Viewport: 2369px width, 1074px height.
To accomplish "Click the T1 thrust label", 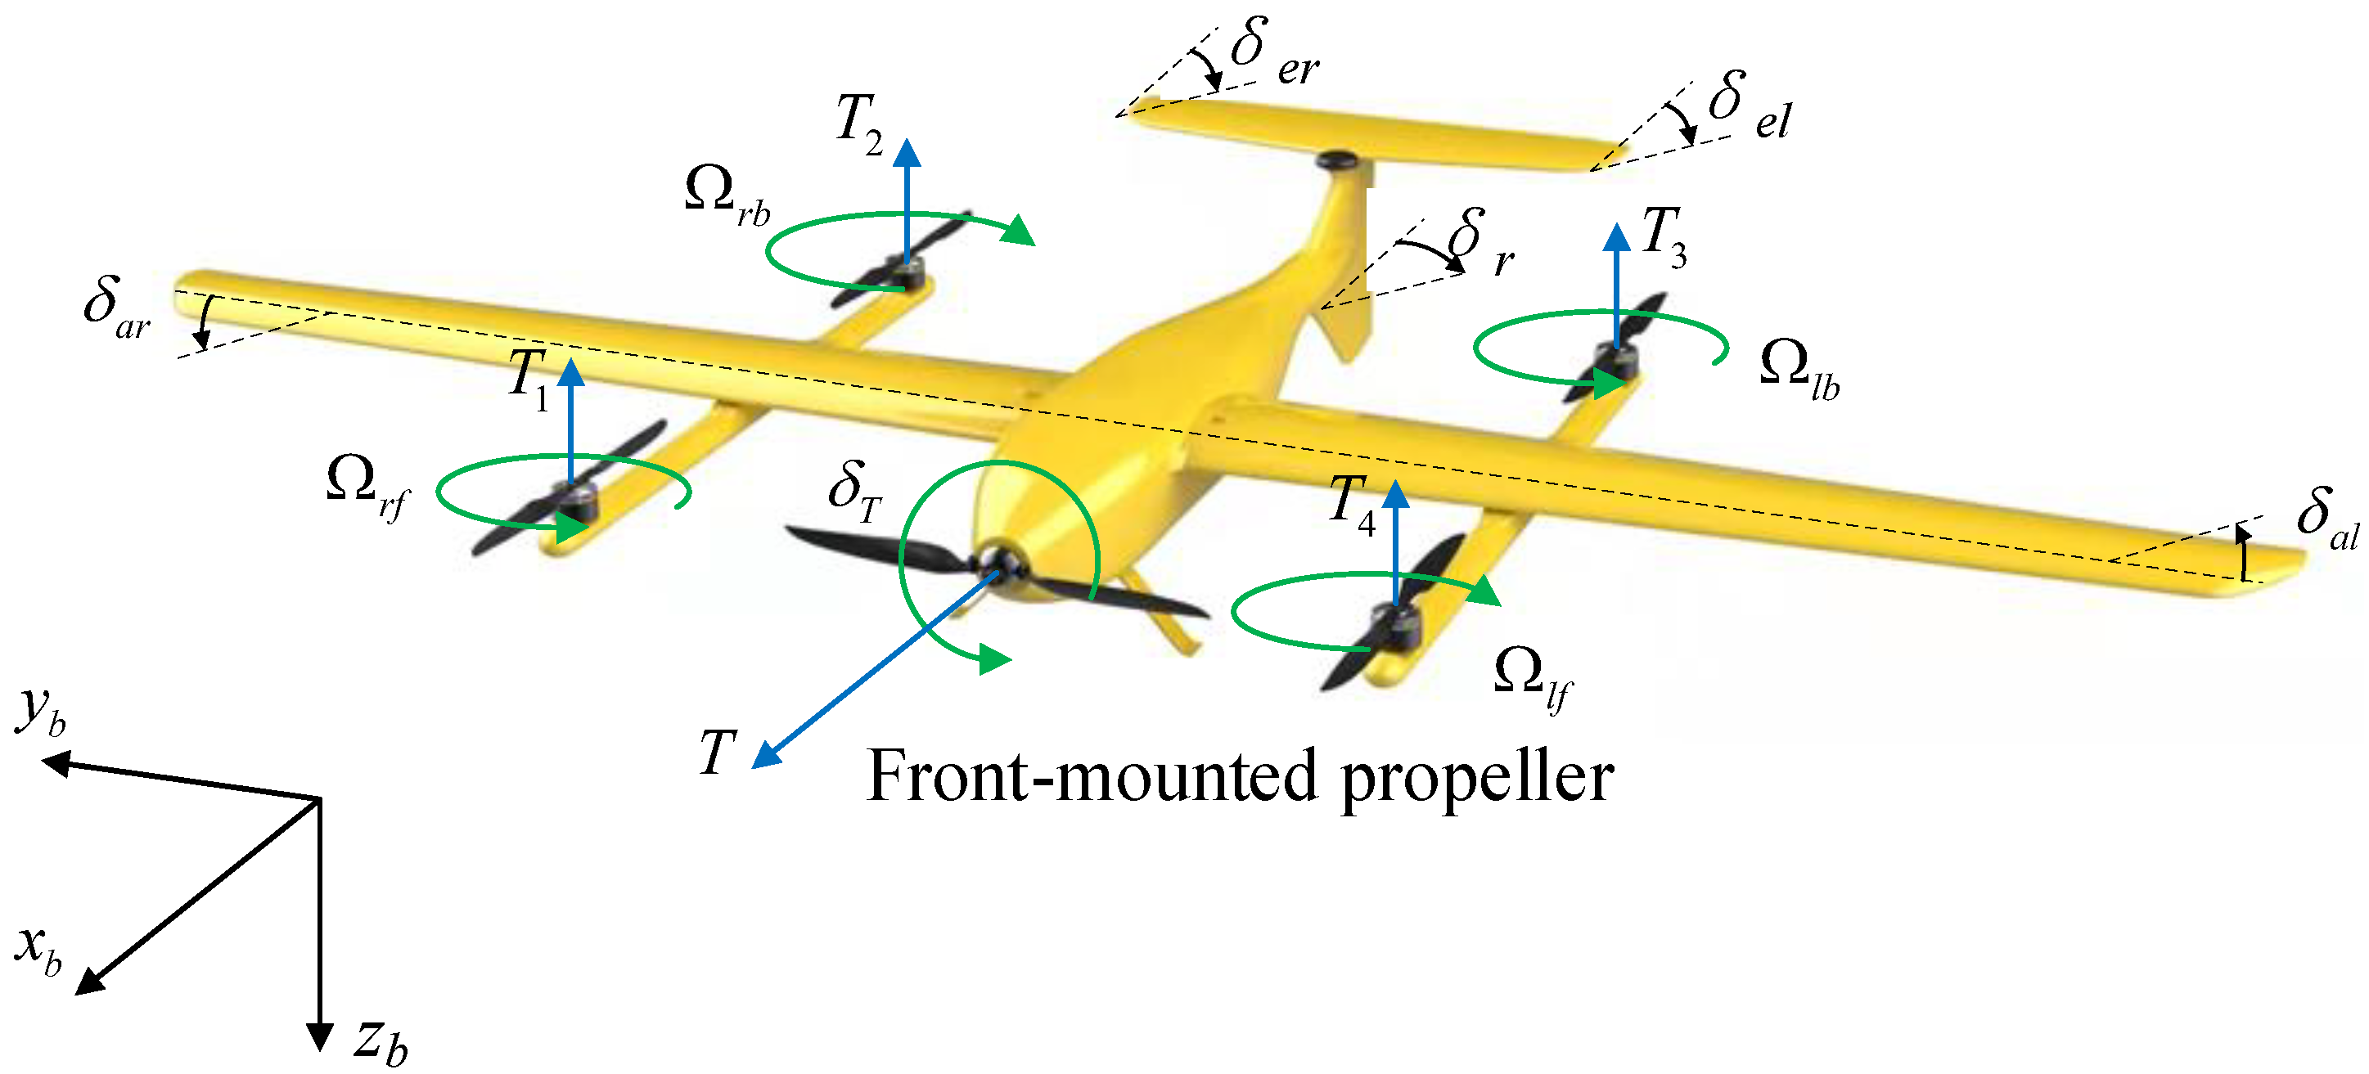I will [529, 379].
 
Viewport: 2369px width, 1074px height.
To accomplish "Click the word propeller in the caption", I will [1477, 778].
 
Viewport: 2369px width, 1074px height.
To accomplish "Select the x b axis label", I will [38, 949].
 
